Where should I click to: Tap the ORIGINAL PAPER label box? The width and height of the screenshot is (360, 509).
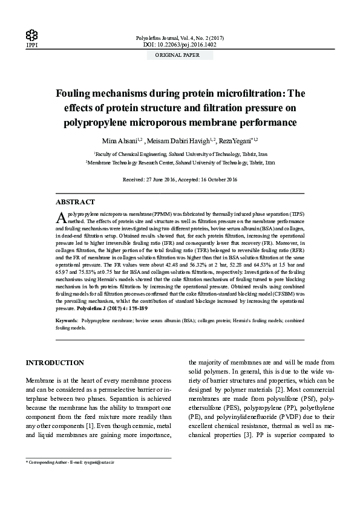tap(180, 55)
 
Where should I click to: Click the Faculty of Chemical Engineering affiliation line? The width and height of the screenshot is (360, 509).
tap(180, 154)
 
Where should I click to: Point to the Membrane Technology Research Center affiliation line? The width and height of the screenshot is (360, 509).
tap(180, 163)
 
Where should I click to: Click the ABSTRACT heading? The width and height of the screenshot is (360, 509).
tap(75, 202)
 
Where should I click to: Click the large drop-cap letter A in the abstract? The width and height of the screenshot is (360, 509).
tap(61, 217)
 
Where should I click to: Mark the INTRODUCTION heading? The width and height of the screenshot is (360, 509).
tap(54, 363)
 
